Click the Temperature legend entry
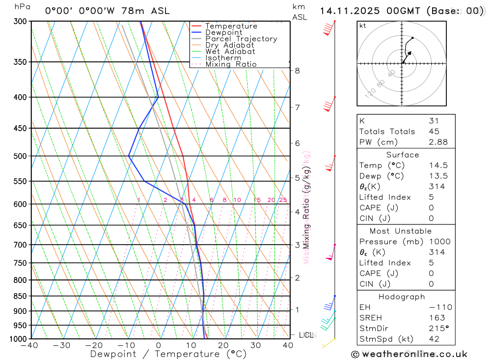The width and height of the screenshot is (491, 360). [231, 26]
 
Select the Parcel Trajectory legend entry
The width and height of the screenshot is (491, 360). [241, 39]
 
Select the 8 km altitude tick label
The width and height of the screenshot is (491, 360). [297, 71]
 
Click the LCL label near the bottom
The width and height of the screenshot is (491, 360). [306, 335]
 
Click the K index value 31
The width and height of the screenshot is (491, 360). [434, 121]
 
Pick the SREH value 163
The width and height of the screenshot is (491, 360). [435, 318]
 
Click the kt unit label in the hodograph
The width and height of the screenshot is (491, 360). [362, 26]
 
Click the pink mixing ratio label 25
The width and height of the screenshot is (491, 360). [283, 200]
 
